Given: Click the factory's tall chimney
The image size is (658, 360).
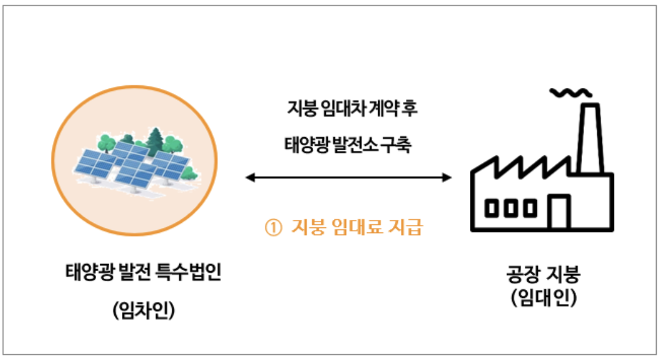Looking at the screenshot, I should click(x=589, y=136).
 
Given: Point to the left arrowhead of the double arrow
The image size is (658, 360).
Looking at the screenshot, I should click(x=249, y=177).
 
